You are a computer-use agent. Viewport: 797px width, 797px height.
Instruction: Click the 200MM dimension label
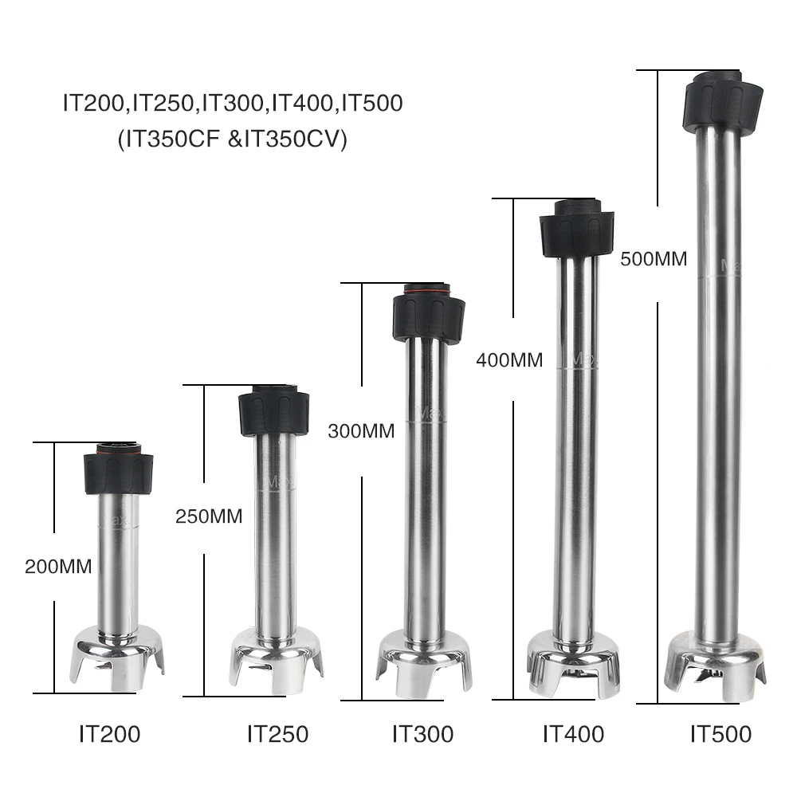click(x=58, y=566)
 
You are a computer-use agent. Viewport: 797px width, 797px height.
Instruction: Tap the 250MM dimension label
click(x=209, y=516)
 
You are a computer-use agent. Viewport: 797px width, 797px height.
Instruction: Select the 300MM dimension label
click(x=361, y=431)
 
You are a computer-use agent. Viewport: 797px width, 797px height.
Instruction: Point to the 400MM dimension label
click(x=509, y=360)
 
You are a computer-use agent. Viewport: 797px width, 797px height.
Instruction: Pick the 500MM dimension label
click(x=654, y=259)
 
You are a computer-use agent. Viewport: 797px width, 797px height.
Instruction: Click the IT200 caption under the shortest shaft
click(x=110, y=734)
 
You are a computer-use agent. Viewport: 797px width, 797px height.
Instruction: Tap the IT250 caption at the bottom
click(x=278, y=734)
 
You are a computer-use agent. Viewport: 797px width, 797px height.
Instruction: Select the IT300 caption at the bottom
click(x=423, y=734)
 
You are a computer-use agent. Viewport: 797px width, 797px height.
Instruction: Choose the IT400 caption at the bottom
click(x=573, y=734)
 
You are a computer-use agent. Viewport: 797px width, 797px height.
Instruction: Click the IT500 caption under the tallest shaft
click(x=720, y=734)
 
